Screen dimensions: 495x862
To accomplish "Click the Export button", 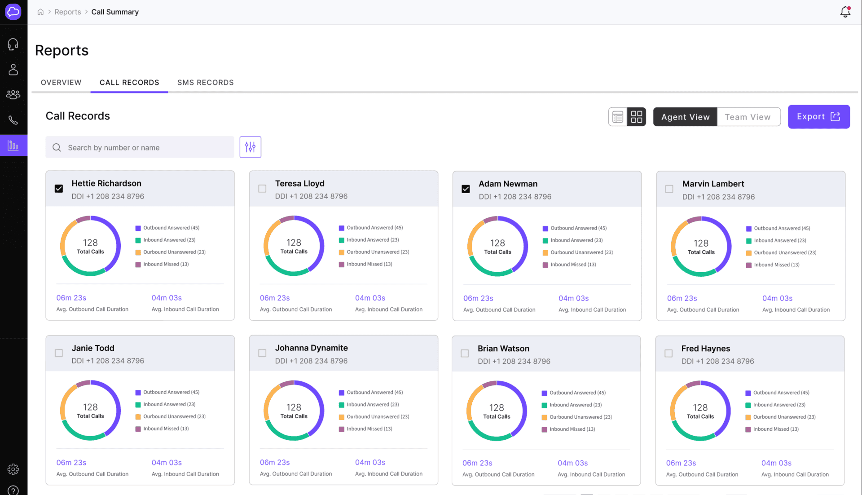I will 818,117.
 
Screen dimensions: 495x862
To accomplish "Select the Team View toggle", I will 748,117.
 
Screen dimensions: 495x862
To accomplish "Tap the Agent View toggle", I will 685,117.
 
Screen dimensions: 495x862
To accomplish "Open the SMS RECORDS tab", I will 205,83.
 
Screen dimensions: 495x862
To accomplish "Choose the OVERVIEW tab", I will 61,83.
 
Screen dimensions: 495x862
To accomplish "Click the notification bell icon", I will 845,12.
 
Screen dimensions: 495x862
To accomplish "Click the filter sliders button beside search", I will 250,147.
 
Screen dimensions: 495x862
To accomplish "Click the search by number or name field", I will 144,147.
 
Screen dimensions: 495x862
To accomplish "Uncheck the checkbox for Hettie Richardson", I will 59,189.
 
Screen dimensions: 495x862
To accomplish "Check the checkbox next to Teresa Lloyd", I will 262,189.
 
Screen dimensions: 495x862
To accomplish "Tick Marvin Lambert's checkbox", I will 669,189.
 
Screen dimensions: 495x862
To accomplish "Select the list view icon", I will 618,117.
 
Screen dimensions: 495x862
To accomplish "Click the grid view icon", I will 636,117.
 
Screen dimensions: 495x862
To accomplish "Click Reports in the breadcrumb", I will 68,12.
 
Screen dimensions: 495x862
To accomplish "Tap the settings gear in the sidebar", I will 13,469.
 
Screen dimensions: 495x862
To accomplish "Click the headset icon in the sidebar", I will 13,44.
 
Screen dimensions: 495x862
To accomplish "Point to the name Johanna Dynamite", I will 311,348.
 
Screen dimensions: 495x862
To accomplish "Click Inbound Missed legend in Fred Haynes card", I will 775,429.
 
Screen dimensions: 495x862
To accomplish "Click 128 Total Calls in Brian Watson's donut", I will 497,411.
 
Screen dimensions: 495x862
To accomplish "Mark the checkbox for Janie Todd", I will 59,353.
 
